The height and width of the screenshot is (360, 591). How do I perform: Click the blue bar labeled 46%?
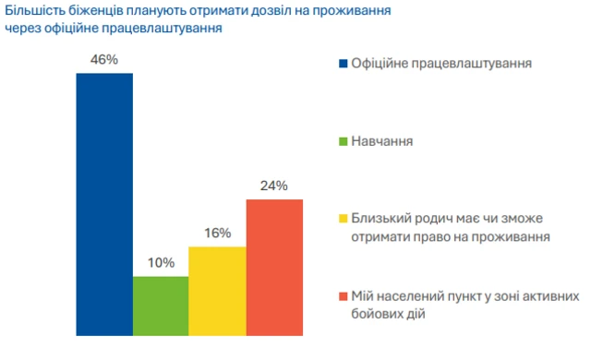pos(104,203)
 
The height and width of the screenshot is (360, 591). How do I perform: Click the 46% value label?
pos(104,60)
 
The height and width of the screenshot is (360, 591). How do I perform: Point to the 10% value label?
pos(161,263)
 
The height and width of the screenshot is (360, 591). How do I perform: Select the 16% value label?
pos(217,234)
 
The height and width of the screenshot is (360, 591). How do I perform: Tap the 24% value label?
pos(274,186)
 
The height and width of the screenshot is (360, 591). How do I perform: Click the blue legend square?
pos(342,64)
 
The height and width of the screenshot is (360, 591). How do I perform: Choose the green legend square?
pos(342,142)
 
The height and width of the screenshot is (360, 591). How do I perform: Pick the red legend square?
pos(342,297)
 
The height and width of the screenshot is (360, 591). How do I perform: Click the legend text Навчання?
pos(380,142)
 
